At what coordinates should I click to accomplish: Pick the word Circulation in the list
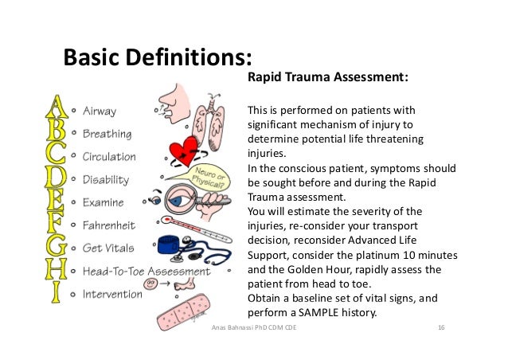pos(110,157)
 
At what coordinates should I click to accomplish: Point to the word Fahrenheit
pos(111,225)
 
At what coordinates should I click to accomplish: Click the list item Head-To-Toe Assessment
pos(147,271)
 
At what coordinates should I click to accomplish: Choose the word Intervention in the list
pos(114,294)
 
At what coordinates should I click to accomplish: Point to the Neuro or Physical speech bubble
pos(208,178)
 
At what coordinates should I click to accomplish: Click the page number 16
pos(441,329)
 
